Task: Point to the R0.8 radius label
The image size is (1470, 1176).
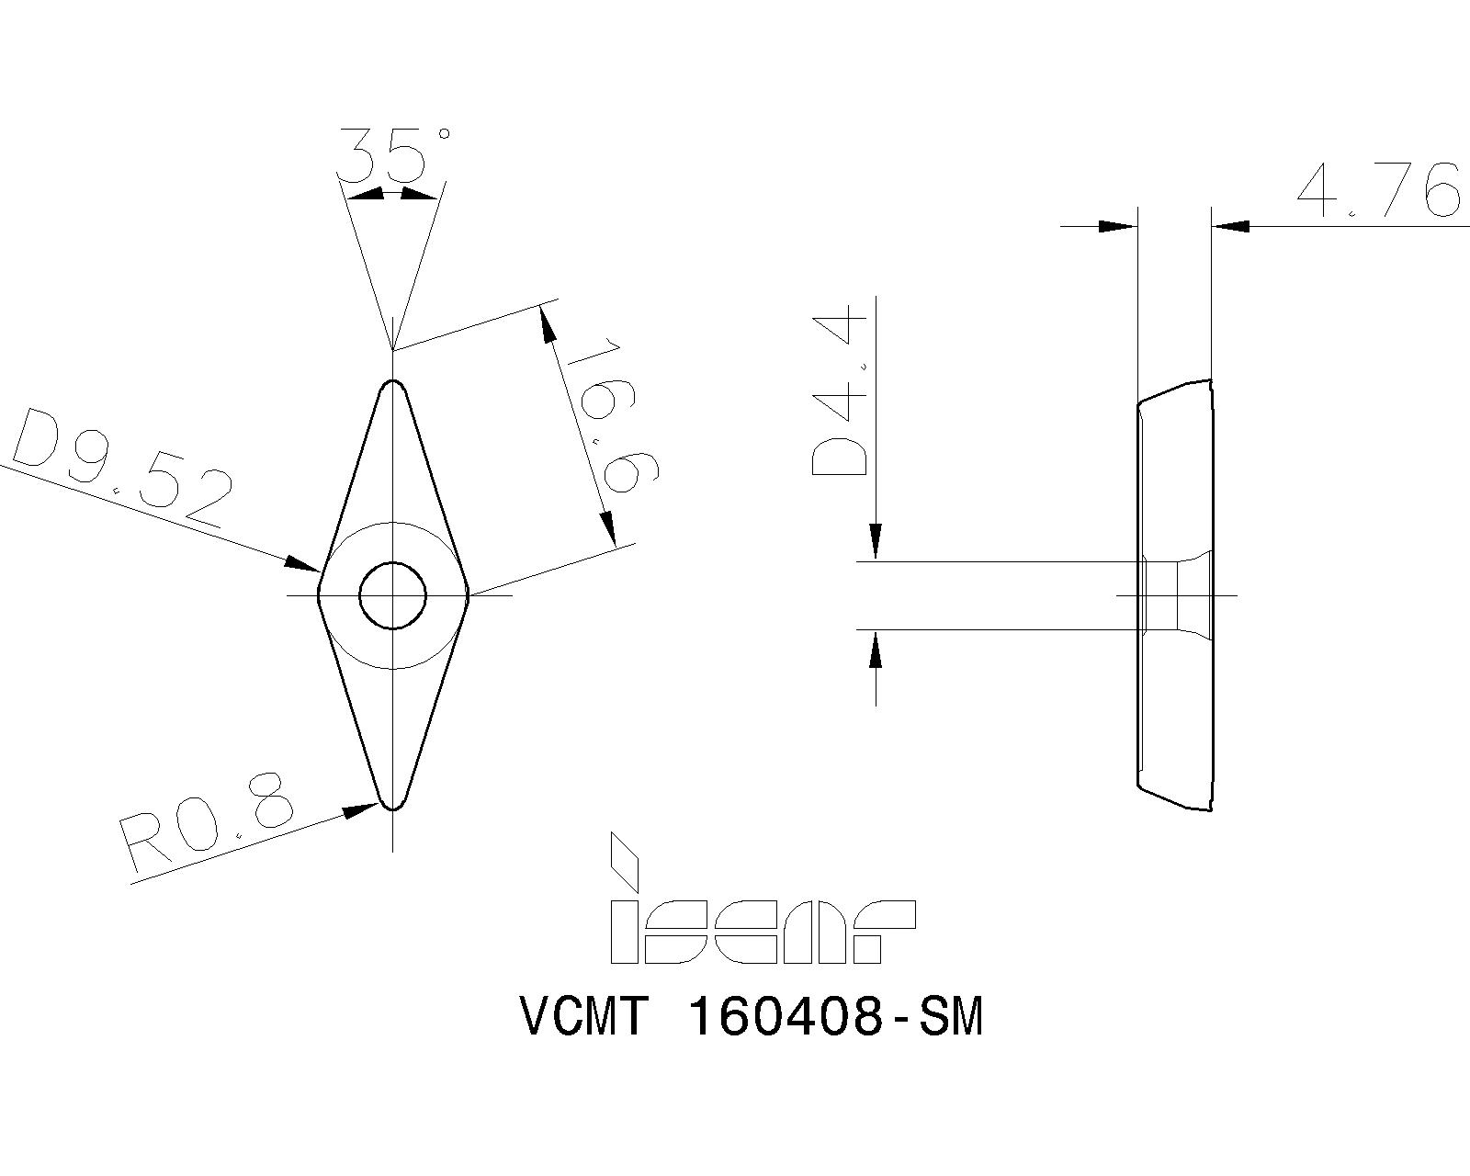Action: click(x=208, y=822)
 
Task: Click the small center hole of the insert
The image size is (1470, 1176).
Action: click(x=393, y=595)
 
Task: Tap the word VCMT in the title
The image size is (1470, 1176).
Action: click(x=584, y=1018)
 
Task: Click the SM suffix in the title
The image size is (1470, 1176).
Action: click(x=951, y=1018)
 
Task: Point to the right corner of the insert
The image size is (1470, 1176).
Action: click(x=468, y=596)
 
